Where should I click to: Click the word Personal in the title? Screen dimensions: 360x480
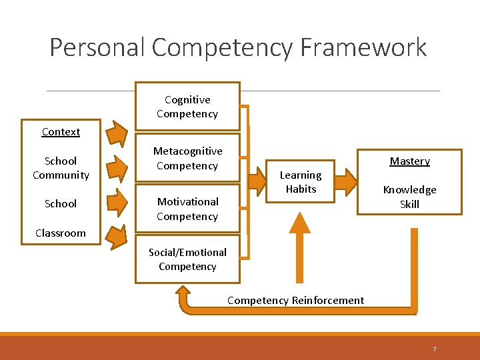pos(98,48)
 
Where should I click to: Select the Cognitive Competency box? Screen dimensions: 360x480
pos(187,107)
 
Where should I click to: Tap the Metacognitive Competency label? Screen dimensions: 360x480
pos(187,159)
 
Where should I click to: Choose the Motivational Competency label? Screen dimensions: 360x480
pos(187,209)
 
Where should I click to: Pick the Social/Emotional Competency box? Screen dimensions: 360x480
pos(187,259)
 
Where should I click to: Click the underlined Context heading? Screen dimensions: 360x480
pos(61,132)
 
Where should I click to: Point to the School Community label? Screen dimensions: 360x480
pos(61,168)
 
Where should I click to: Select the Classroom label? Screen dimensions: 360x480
pos(61,233)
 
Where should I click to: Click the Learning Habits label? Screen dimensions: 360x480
pos(301,182)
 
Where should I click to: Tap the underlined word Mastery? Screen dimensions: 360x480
pos(409,161)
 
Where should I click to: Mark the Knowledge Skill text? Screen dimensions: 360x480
pos(409,197)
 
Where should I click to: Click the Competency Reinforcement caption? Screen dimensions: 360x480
pos(295,301)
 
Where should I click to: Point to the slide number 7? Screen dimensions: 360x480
pos(434,349)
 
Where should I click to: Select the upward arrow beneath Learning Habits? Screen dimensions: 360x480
pos(300,247)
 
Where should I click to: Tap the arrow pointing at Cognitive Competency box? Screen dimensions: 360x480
pos(118,134)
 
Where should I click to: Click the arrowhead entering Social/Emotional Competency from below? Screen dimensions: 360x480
pos(184,293)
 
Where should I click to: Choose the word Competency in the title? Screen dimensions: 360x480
pos(222,48)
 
